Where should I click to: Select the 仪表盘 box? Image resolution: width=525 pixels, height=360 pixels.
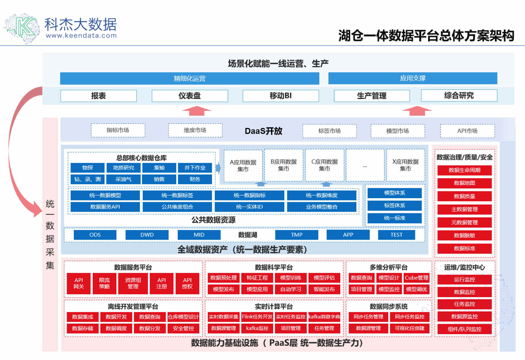tap(190, 96)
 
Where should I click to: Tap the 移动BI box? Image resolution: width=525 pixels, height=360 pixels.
tap(281, 96)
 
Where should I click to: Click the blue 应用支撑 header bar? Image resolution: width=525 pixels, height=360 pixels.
tap(413, 78)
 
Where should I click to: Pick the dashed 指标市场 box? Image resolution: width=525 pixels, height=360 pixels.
tap(118, 130)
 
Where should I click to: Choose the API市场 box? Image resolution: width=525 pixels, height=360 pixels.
tap(467, 131)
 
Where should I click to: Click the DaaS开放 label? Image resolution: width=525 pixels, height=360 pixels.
tap(263, 131)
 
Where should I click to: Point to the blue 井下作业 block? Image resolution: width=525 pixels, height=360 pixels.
tap(195, 168)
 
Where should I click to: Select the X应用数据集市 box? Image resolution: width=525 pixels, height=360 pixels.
tap(405, 165)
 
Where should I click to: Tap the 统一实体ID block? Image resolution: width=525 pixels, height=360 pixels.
tap(249, 207)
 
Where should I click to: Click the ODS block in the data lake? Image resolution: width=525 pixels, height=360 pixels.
tap(95, 235)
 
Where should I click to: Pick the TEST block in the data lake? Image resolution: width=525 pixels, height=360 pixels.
tap(396, 235)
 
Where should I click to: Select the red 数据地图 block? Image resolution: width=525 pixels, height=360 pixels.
tap(464, 183)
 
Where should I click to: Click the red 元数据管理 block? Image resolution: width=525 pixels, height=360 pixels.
tap(464, 222)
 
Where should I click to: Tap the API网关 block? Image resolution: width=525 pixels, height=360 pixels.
tap(78, 284)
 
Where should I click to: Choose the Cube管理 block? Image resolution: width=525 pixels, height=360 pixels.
tap(416, 278)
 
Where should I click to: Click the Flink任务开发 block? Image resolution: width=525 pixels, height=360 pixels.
tap(257, 317)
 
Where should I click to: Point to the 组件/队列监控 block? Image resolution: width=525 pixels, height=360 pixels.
tap(464, 329)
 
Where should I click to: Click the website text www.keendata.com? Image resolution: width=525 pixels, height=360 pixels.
tap(81, 36)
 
